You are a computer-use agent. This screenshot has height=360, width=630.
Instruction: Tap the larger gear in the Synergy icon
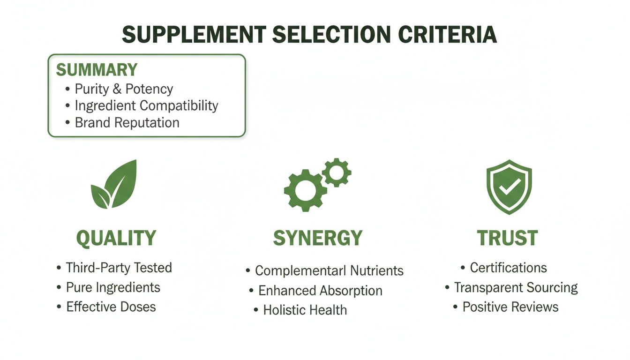305,189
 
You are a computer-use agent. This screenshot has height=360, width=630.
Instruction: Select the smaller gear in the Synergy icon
336,172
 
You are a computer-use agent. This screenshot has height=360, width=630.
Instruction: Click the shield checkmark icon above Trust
509,186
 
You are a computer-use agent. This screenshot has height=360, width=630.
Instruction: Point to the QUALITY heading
116,239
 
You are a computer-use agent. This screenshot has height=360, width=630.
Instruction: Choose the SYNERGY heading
318,238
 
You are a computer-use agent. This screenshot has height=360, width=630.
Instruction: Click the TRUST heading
508,238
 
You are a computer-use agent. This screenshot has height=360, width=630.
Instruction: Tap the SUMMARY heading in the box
97,70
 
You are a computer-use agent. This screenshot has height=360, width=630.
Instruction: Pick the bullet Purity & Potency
124,89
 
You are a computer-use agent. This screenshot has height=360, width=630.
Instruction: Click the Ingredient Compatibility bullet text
146,106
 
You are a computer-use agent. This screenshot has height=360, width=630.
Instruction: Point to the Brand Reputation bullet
127,123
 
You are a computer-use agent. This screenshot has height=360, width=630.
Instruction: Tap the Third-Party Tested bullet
119,268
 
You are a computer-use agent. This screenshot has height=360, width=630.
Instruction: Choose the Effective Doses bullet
111,307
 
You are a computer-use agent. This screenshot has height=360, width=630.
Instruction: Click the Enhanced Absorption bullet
320,291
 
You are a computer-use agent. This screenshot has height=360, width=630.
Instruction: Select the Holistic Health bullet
305,310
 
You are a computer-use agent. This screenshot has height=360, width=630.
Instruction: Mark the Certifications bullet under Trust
508,268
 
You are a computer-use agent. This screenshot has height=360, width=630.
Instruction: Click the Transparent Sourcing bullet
516,287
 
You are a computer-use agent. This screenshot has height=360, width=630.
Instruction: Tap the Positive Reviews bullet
510,307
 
